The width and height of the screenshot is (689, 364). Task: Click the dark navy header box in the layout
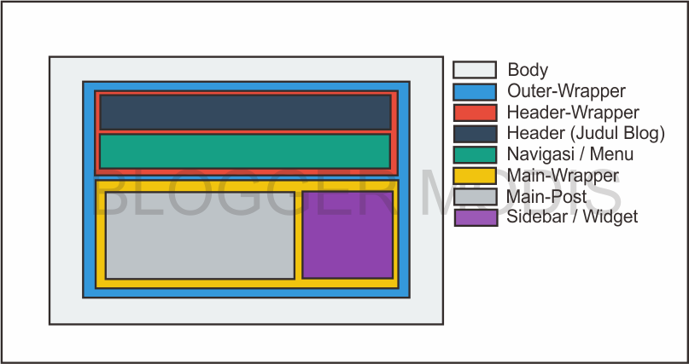tap(245, 112)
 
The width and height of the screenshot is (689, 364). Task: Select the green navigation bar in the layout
tap(245, 151)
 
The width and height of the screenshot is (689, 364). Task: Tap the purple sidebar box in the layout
tap(347, 234)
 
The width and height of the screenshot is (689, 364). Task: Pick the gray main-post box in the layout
tap(200, 234)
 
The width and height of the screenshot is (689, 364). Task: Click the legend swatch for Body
tap(475, 70)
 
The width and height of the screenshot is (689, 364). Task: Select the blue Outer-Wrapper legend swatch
tap(475, 91)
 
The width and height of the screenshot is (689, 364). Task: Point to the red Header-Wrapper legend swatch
tap(475, 113)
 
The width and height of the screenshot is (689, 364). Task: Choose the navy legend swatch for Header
tap(475, 134)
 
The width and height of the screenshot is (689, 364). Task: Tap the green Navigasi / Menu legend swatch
tap(475, 154)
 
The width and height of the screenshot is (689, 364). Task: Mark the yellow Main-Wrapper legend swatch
tap(475, 176)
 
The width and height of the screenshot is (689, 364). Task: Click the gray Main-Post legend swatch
tap(475, 197)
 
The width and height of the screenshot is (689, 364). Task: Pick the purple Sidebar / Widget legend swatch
tap(475, 217)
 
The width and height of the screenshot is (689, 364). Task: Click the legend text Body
tap(528, 70)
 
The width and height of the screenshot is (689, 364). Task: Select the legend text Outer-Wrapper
tap(566, 91)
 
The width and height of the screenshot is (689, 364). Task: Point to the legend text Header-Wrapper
tap(573, 113)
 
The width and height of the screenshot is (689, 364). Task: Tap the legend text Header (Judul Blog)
tap(586, 134)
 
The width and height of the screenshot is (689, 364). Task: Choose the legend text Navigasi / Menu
tap(570, 154)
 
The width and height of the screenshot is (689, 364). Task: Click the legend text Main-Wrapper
tap(563, 176)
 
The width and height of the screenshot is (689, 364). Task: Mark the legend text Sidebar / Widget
tap(572, 217)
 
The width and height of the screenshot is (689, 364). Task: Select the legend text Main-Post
tap(546, 197)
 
